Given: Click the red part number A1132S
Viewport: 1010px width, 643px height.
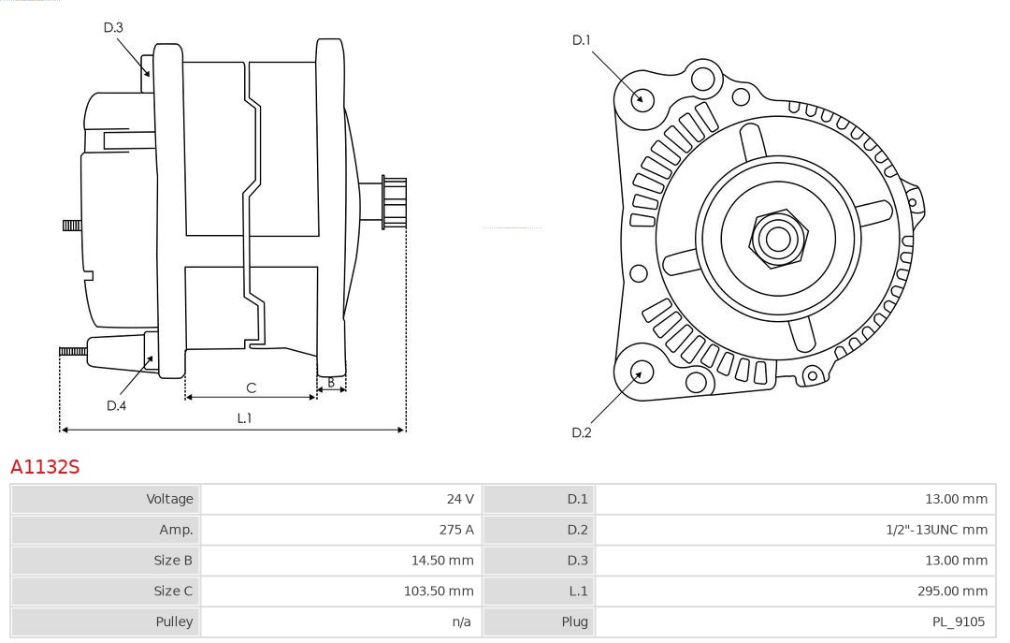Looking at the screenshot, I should (45, 466).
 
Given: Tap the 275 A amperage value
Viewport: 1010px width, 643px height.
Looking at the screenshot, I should (456, 530).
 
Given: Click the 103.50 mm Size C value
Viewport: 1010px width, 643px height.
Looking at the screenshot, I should (438, 591).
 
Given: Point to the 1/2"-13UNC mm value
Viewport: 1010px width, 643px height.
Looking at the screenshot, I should (936, 530).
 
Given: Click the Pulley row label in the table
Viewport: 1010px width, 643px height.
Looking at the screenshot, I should (174, 621).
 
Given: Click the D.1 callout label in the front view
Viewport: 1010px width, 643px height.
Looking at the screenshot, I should (582, 40).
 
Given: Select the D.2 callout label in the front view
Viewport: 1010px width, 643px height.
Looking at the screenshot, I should (582, 432).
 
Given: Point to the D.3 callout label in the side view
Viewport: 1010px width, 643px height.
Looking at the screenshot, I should (113, 27).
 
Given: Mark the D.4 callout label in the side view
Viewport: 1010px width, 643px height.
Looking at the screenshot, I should (116, 405).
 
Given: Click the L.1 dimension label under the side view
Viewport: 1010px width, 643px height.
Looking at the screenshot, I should (244, 417).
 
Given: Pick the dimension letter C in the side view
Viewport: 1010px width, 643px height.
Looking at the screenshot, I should (251, 387).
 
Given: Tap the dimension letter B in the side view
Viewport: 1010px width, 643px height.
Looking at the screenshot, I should (331, 382).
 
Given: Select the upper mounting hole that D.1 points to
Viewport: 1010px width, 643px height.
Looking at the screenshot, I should (642, 98).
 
